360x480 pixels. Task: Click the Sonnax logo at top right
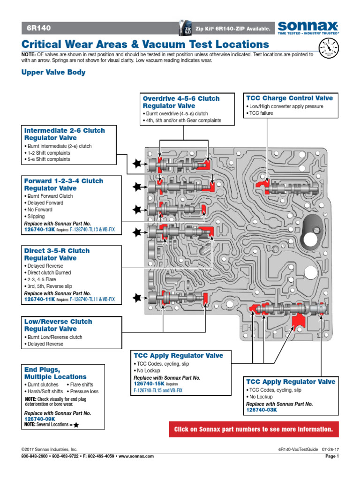pos(308,27)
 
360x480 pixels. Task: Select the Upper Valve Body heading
pos(53,73)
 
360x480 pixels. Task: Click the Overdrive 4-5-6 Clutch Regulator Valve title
pos(181,102)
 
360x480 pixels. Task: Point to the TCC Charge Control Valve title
pos(290,98)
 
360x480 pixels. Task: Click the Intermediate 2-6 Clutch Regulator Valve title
pos(64,134)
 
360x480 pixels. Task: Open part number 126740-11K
pos(40,299)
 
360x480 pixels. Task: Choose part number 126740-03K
pos(262,410)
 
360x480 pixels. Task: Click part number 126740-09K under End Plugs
pos(40,419)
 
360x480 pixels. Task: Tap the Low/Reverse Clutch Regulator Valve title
pos(58,325)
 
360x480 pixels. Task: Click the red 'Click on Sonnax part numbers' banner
pos(254,429)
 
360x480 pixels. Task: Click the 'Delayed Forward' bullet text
pos(45,203)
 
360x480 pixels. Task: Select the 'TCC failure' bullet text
pos(262,113)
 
